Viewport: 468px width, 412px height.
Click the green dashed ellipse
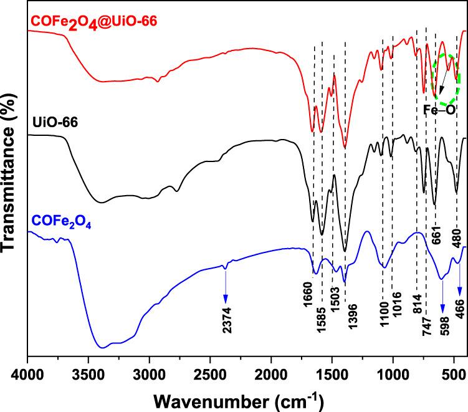446,80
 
